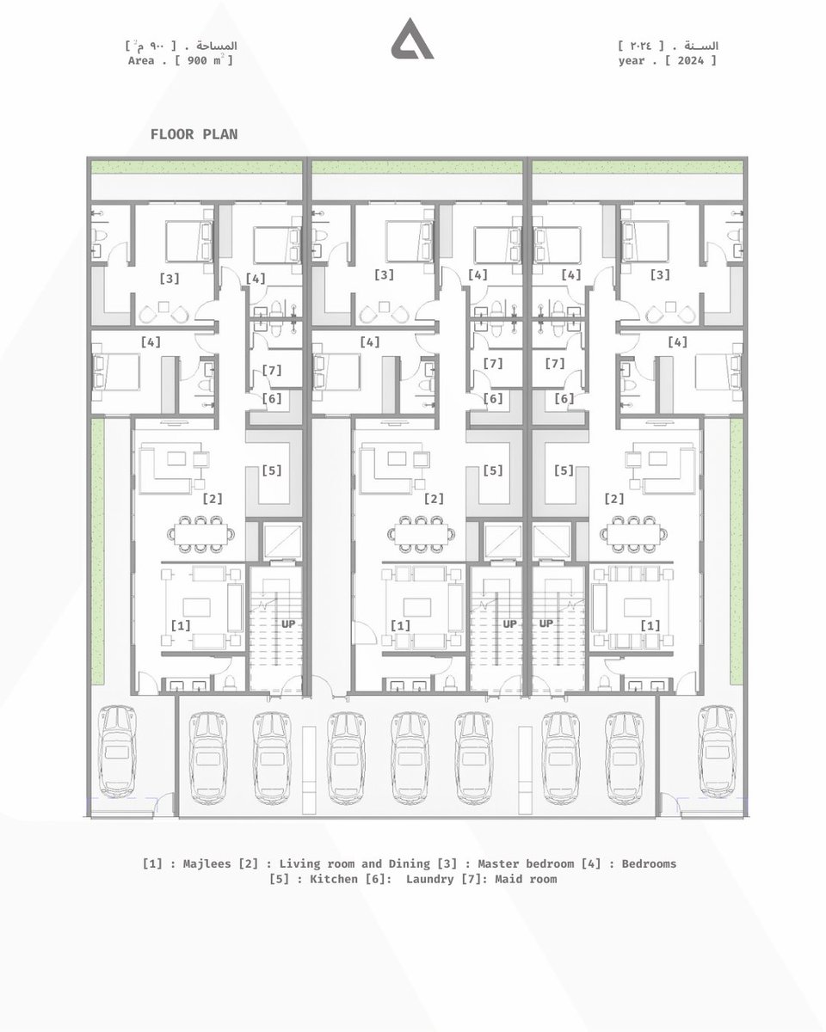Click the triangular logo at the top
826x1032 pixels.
pyautogui.click(x=412, y=40)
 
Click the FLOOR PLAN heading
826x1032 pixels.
pyautogui.click(x=194, y=134)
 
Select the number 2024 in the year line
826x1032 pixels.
pyautogui.click(x=690, y=60)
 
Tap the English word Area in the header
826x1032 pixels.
pyautogui.click(x=141, y=60)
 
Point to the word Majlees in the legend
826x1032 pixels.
pyautogui.click(x=206, y=863)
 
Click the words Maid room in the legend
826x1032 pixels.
pyautogui.click(x=526, y=879)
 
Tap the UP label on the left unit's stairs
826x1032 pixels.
pyautogui.click(x=288, y=623)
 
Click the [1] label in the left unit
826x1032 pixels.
pyautogui.click(x=181, y=625)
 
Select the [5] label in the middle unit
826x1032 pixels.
pyautogui.click(x=493, y=470)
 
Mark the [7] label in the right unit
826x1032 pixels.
pyautogui.click(x=555, y=364)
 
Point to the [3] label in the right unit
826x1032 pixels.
pyautogui.click(x=660, y=275)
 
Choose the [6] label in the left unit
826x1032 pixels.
pyautogui.click(x=272, y=398)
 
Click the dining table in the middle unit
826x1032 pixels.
pyautogui.click(x=421, y=535)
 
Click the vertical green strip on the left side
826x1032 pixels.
pyautogui.click(x=98, y=551)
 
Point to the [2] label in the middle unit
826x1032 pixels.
pyautogui.click(x=434, y=499)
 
